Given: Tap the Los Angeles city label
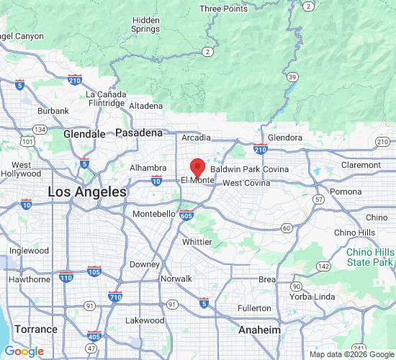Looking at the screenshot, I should (87, 192).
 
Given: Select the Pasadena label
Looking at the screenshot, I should (139, 133).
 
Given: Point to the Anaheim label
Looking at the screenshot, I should (259, 329).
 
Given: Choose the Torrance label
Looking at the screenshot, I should (36, 329).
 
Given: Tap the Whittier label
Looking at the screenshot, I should (197, 242).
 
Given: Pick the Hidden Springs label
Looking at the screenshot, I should (146, 24).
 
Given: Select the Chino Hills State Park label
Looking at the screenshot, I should (370, 257).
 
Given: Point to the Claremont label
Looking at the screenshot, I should (361, 165).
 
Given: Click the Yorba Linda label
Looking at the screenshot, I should (311, 297).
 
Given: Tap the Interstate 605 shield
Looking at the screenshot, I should (186, 215).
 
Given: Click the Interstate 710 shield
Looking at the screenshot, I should (114, 296).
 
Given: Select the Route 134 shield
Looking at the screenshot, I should (40, 130).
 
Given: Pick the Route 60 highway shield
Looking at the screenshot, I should (286, 228).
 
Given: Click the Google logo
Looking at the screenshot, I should (24, 351).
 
